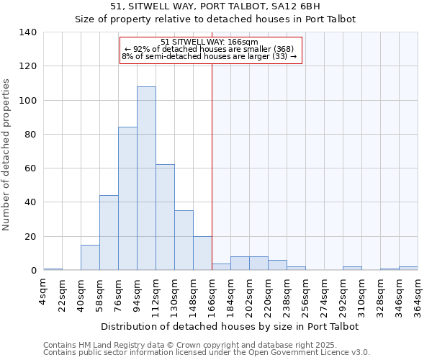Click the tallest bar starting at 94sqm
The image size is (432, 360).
146,179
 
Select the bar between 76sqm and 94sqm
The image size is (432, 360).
127,199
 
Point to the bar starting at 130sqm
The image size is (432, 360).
184,240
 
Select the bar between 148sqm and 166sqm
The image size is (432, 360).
202,253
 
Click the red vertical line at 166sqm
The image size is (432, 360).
212,166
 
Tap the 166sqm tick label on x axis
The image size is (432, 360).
212,295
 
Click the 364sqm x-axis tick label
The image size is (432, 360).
418,295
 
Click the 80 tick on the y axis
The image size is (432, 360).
31,135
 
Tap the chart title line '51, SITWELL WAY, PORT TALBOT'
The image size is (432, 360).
215,7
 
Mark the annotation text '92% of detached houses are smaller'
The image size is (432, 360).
209,49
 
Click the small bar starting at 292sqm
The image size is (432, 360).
352,269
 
